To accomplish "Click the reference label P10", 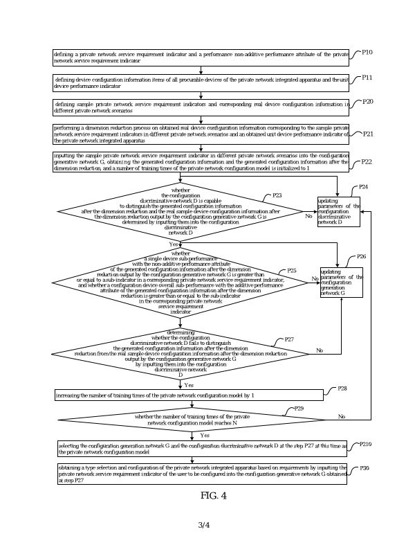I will click(x=367, y=53).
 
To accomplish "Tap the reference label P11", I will click(x=367, y=78).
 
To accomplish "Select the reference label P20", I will click(x=367, y=102).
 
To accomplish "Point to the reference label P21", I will click(x=367, y=134).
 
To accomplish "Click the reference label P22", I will click(x=367, y=161).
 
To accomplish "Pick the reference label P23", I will click(x=277, y=196).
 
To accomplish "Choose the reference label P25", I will click(x=292, y=271).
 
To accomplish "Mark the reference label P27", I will click(x=289, y=339).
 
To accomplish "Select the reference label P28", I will click(x=342, y=389).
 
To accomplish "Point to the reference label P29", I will click(x=299, y=409).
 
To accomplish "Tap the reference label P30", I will click(x=365, y=469).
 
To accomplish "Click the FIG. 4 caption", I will click(x=213, y=495).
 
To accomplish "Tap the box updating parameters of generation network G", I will click(x=341, y=283).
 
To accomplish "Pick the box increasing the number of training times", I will click(x=189, y=395).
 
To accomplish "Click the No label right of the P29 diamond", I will click(x=341, y=417).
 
